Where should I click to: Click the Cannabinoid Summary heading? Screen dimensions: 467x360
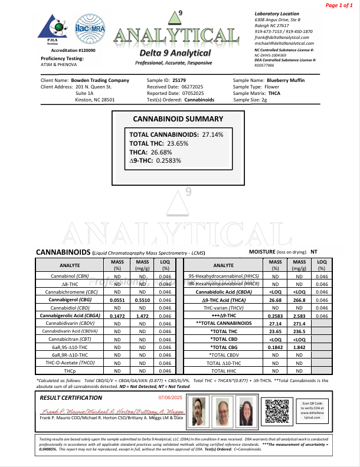tap(180, 119)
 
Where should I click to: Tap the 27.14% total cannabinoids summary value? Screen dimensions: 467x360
tap(212, 135)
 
